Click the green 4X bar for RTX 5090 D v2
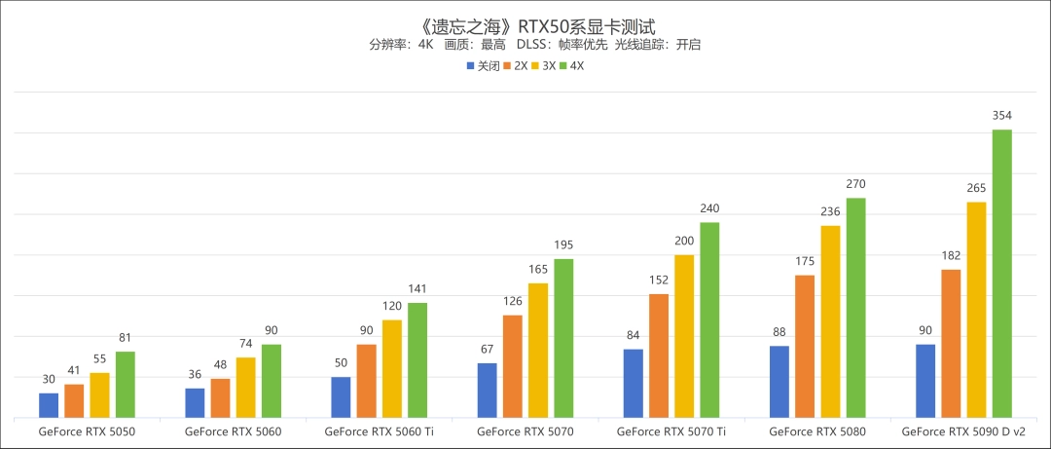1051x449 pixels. [1001, 273]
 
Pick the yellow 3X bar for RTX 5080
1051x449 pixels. [830, 321]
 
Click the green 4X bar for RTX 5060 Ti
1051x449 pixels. [417, 359]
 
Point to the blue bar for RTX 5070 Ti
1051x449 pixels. [633, 383]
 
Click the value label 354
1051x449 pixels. [1001, 116]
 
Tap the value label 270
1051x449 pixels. [855, 184]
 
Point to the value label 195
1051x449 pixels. [563, 244]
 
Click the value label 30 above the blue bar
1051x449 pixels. [49, 380]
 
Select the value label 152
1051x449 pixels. [659, 281]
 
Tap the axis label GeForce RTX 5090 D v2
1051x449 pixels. [962, 430]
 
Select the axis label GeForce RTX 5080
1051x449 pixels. [816, 430]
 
